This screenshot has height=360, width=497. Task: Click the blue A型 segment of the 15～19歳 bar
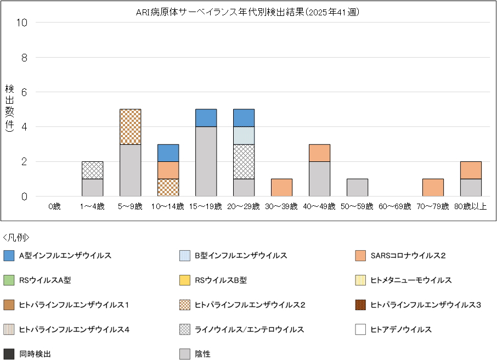click(x=206, y=118)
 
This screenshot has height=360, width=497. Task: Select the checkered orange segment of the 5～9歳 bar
click(x=130, y=127)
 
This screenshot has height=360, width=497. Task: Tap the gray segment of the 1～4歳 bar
click(x=92, y=188)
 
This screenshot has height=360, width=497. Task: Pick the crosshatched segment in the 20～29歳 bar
click(x=244, y=161)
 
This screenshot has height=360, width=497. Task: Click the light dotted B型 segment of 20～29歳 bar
click(x=244, y=136)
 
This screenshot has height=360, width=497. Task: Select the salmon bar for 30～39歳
click(x=281, y=188)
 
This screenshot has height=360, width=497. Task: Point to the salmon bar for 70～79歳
click(x=433, y=188)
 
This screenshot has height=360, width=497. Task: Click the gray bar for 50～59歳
click(x=357, y=188)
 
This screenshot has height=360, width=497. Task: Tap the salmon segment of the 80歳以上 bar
click(x=471, y=170)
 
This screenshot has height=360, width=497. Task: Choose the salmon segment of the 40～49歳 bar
click(x=319, y=153)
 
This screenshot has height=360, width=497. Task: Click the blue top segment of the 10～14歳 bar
click(x=168, y=153)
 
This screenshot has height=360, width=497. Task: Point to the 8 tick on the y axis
click(x=24, y=57)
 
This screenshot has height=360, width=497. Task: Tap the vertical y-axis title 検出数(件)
click(x=9, y=109)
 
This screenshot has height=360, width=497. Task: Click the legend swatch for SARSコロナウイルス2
click(x=360, y=256)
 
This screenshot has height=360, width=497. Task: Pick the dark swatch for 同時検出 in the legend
click(x=9, y=354)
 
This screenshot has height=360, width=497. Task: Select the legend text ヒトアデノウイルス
click(x=401, y=330)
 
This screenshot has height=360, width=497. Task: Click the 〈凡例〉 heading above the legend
click(x=16, y=238)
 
